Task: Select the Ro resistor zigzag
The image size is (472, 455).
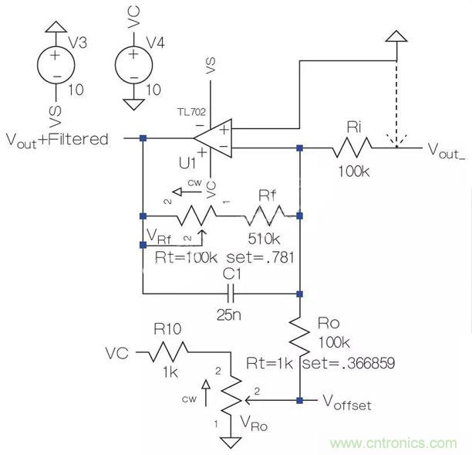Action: (299, 331)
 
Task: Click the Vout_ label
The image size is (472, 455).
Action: (447, 149)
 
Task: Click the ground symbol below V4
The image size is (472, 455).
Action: (133, 104)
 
